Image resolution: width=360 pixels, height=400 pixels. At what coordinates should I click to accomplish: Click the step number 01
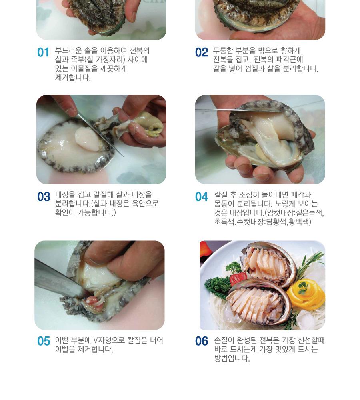pos(43,52)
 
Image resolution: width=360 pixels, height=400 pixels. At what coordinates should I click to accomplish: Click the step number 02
pos(202,52)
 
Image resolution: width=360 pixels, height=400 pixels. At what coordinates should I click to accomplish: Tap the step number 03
pos(44,197)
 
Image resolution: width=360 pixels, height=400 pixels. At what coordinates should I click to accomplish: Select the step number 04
pos(202,197)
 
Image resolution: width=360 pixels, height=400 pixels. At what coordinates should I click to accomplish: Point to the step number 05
pos(44,341)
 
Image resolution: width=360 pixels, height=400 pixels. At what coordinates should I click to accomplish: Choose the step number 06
pos(202,341)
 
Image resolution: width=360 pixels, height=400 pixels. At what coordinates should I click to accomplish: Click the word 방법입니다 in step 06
pos(232,358)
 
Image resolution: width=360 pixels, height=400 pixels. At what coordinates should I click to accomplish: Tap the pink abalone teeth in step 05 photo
pos(93,301)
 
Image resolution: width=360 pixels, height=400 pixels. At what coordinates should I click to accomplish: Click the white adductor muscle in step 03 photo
pos(87,139)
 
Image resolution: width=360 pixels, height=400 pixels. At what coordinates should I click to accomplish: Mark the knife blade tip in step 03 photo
pos(123,156)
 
